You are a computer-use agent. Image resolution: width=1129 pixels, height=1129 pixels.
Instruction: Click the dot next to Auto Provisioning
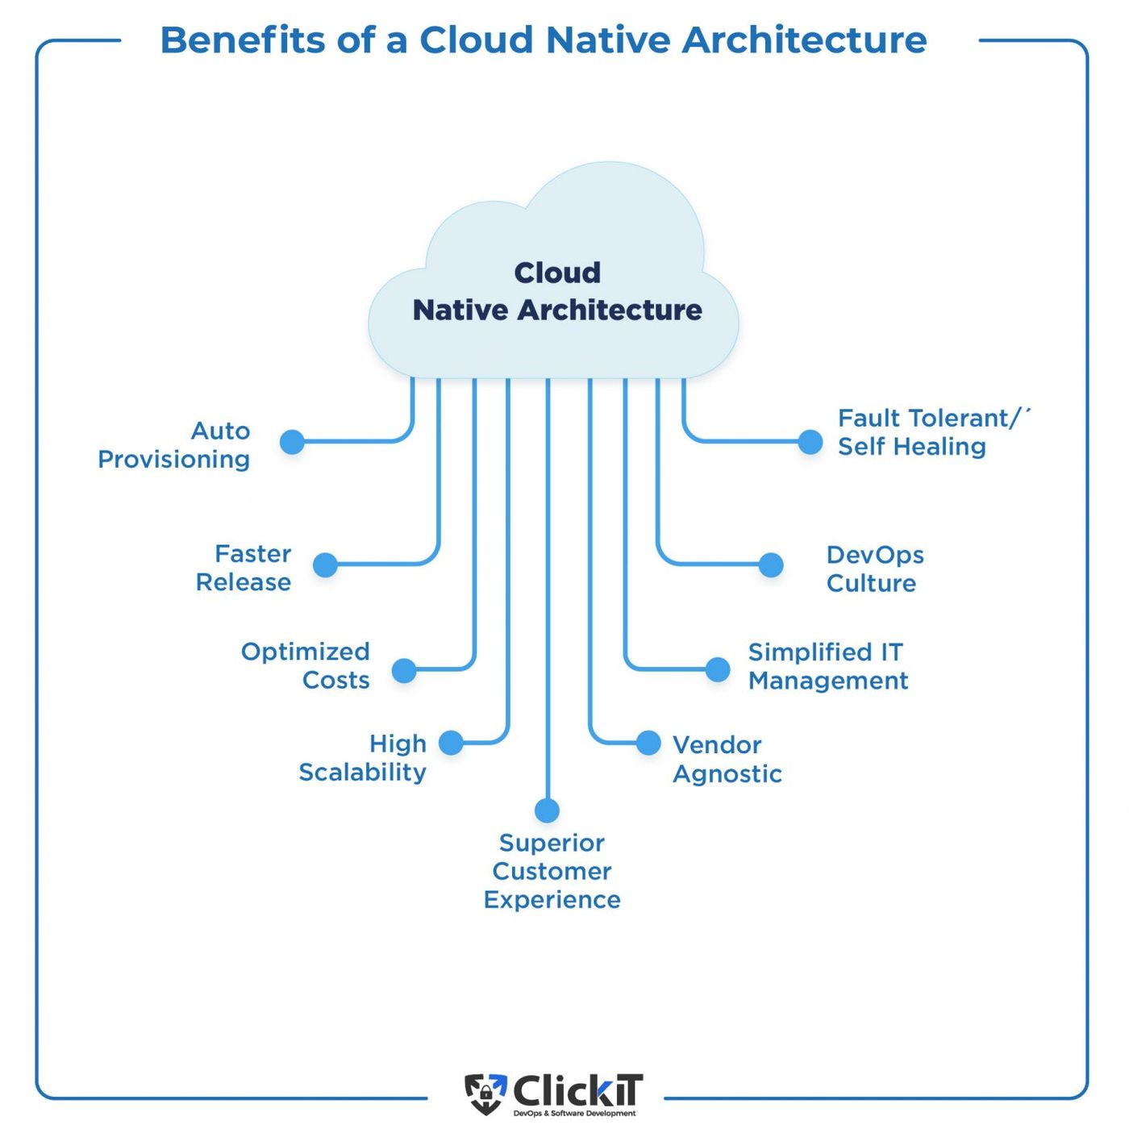coord(292,442)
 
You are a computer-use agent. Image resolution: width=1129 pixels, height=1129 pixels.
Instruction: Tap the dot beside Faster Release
coord(325,564)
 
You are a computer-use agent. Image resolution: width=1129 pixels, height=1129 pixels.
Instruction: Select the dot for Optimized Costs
coord(404,670)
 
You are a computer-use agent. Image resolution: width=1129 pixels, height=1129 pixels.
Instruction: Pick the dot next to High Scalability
coord(451,743)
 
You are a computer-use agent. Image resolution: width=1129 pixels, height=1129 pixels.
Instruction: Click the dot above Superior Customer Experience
coord(547,810)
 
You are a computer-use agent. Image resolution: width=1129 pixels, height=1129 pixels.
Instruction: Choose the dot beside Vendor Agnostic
coord(648,743)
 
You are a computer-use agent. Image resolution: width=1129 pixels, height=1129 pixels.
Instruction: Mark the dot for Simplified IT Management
coord(718,669)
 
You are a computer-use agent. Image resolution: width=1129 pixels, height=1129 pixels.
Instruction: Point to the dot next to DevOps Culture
coord(771,564)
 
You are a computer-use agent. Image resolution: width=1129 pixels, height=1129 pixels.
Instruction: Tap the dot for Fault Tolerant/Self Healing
coord(810,442)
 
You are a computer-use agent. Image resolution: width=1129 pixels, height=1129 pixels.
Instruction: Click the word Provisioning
coord(173,460)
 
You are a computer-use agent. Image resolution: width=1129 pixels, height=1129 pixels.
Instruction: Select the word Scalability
coord(362,773)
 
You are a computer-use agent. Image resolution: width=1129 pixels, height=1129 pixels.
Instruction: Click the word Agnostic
coord(727,774)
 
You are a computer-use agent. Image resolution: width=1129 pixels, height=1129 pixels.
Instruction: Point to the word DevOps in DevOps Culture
coord(875,555)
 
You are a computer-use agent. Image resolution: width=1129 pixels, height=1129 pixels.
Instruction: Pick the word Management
coord(828,681)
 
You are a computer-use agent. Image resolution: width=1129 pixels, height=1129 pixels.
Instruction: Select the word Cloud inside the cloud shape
coord(557,273)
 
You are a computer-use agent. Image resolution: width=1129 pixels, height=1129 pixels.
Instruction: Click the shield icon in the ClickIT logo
coord(485,1094)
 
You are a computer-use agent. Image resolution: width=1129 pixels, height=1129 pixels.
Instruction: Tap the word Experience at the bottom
coord(552,900)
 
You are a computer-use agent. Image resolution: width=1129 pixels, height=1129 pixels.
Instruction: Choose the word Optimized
coord(305,652)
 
